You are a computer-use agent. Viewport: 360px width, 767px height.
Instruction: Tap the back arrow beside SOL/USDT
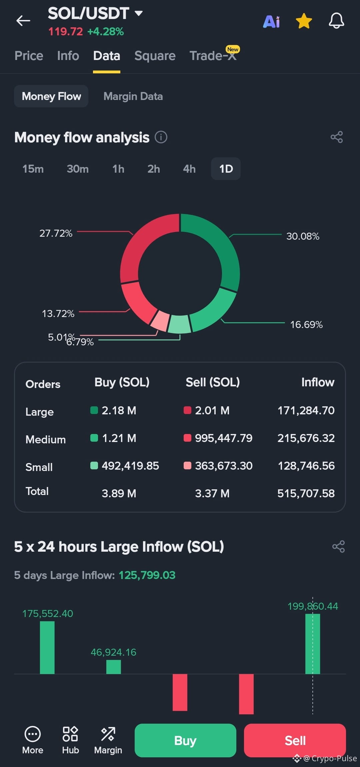(23, 21)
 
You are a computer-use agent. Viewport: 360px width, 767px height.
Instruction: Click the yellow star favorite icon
(304, 21)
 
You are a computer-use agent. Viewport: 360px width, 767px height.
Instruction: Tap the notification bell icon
(336, 21)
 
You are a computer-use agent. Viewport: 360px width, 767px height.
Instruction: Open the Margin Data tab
(133, 96)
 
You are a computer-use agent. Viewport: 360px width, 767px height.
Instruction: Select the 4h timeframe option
(189, 169)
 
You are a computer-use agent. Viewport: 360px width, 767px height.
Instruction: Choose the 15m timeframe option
(33, 169)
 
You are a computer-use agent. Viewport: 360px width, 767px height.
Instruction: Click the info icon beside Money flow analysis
(161, 137)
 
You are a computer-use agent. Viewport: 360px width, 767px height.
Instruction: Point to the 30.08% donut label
(303, 236)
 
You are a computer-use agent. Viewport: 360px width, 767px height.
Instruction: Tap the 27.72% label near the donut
(56, 233)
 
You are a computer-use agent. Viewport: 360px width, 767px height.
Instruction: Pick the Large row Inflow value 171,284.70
(306, 410)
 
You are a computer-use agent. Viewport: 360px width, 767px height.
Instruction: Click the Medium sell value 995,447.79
(224, 438)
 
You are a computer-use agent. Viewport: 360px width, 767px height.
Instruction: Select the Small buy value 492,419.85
(130, 466)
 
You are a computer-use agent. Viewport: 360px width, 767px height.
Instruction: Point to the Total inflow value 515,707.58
(306, 493)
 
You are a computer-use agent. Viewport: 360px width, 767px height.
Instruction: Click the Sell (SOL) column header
(213, 382)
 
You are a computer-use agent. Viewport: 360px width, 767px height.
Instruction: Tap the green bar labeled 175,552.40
(47, 648)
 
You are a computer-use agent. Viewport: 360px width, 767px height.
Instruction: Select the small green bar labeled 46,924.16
(113, 667)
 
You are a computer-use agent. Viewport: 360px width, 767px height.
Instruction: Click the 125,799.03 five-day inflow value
(147, 575)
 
